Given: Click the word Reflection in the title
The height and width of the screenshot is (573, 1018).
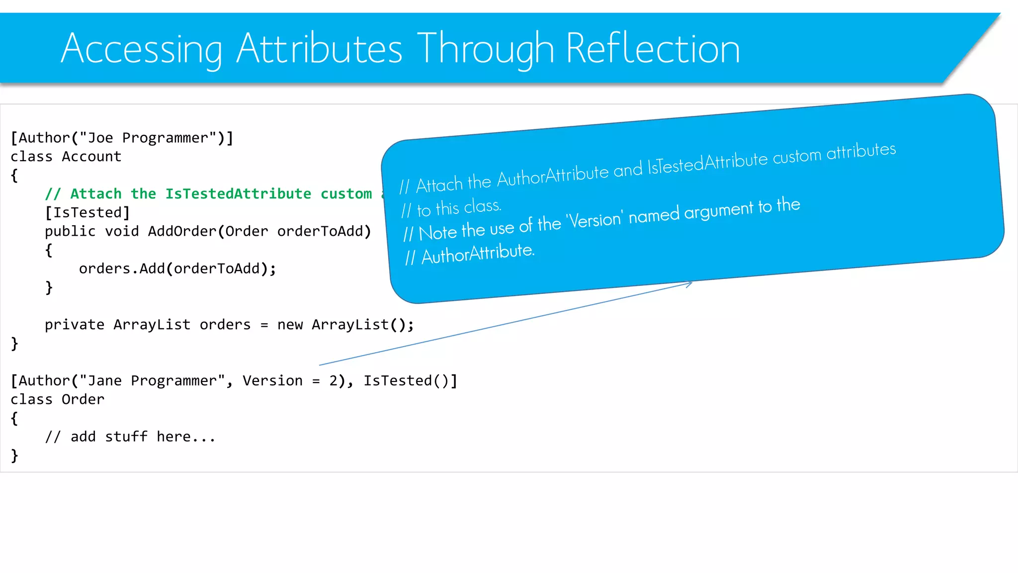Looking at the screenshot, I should pos(653,49).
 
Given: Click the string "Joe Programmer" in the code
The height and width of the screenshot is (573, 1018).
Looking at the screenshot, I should pos(148,138).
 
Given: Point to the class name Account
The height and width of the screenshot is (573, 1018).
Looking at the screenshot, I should pos(91,157).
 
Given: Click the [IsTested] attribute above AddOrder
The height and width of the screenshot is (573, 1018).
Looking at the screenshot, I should pos(87,212).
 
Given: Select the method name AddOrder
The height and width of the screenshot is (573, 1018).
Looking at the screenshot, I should pos(182,231).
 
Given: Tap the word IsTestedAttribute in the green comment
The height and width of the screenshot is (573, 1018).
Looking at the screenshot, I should pos(238,194).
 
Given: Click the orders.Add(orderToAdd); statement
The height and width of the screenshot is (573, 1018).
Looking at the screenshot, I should pos(177,269).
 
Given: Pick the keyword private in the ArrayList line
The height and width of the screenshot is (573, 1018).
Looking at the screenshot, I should pos(75,325).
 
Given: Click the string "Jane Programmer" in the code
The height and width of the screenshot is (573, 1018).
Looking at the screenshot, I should pos(152,381).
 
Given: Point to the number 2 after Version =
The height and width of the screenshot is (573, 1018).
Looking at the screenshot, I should pos(334,381).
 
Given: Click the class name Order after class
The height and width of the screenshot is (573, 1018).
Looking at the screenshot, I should pos(83,399).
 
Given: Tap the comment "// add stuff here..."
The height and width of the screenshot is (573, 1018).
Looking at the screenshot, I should pos(130,437).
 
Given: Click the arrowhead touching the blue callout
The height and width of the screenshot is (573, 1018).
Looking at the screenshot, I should pos(689,284).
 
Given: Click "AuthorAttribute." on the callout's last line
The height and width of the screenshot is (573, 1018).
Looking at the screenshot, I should pos(478,254).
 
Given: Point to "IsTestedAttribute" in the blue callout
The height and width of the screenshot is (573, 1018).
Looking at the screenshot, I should pos(708,163).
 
